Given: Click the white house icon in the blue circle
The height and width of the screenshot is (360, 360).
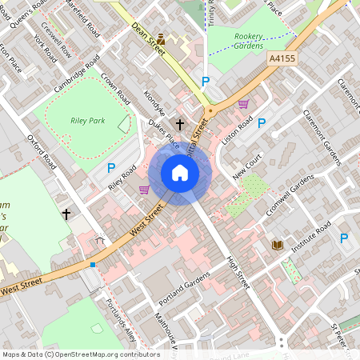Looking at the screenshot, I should [x=180, y=172].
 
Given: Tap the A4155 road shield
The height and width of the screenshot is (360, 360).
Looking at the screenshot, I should [x=283, y=59].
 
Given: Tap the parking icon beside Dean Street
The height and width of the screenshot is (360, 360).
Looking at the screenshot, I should [x=206, y=81].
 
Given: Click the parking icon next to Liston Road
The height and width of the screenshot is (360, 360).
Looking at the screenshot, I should [x=261, y=124].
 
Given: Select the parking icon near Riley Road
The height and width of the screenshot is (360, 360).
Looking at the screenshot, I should [x=111, y=167].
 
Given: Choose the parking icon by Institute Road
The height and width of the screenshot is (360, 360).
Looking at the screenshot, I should [x=344, y=238].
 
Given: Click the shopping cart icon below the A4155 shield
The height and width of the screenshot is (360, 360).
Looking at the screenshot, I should [x=243, y=103].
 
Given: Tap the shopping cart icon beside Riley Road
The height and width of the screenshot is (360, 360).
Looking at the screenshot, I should [x=144, y=190].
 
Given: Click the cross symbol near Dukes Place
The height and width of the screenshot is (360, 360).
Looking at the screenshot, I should [x=179, y=125].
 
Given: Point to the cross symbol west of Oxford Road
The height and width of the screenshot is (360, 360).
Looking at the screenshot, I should [x=66, y=214].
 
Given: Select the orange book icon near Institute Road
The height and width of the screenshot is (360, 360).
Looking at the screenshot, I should [x=277, y=244].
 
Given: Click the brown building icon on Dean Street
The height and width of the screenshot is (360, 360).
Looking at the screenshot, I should [x=162, y=38].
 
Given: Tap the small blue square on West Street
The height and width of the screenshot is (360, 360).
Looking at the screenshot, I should [x=93, y=264].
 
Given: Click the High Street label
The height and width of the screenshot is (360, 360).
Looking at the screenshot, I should [x=238, y=272].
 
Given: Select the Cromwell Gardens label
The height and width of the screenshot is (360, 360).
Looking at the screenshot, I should [x=291, y=195].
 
